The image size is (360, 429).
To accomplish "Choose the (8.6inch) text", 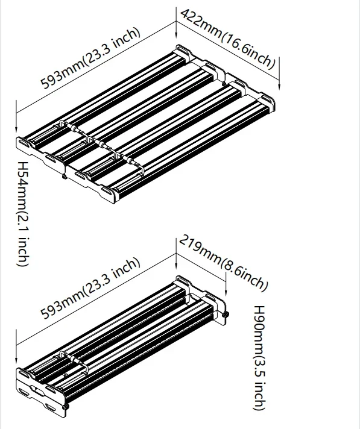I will (244, 275).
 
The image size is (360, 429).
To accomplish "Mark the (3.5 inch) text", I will (258, 383).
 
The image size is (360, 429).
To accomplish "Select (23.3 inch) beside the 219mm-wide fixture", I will (112, 277).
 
